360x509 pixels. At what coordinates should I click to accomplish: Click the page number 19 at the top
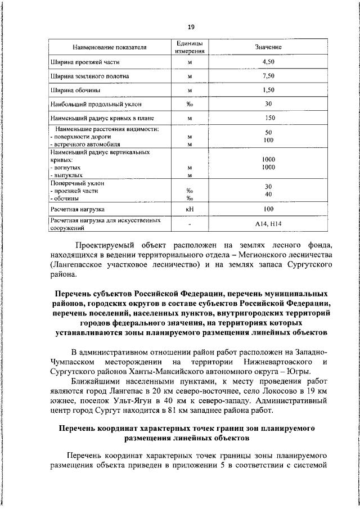coord(191,26)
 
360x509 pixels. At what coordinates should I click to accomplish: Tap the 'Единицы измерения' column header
coord(190,47)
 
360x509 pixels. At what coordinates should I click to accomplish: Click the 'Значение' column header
coord(268,47)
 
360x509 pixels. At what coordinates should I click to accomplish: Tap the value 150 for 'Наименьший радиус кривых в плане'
coord(270,119)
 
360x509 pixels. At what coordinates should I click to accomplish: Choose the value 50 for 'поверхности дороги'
coord(269,132)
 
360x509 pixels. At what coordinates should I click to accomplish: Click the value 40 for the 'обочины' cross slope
coord(268,194)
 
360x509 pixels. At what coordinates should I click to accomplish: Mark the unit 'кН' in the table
coord(190,209)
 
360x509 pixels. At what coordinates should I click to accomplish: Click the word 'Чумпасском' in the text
coord(75,362)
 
